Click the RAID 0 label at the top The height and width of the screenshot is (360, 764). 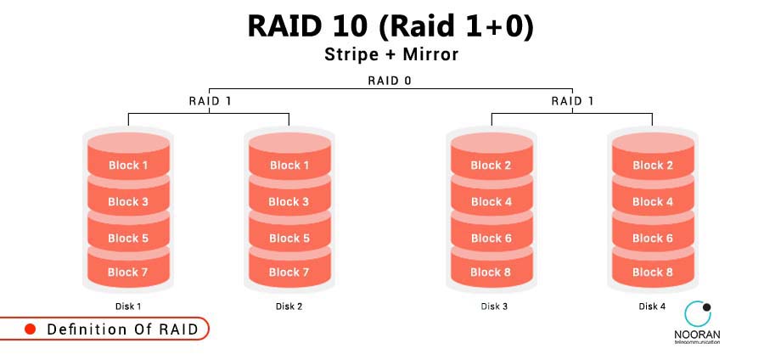390,81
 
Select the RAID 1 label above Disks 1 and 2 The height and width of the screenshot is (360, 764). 209,100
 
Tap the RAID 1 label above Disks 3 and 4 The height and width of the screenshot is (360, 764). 572,100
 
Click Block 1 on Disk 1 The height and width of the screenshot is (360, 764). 128,165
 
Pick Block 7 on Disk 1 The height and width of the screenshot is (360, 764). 128,272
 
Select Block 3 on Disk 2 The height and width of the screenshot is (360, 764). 289,201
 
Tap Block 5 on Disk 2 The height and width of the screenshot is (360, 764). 289,238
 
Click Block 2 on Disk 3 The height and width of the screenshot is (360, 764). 492,165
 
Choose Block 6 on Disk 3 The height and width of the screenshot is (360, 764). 492,238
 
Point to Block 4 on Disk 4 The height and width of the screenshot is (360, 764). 653,201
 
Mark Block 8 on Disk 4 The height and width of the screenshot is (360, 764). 653,272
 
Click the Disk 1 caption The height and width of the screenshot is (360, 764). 128,307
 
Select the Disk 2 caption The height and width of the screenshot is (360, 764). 289,307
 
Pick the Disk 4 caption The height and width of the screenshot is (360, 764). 653,307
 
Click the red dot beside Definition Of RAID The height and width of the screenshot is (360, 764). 30,329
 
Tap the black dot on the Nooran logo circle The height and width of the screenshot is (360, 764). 706,307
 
